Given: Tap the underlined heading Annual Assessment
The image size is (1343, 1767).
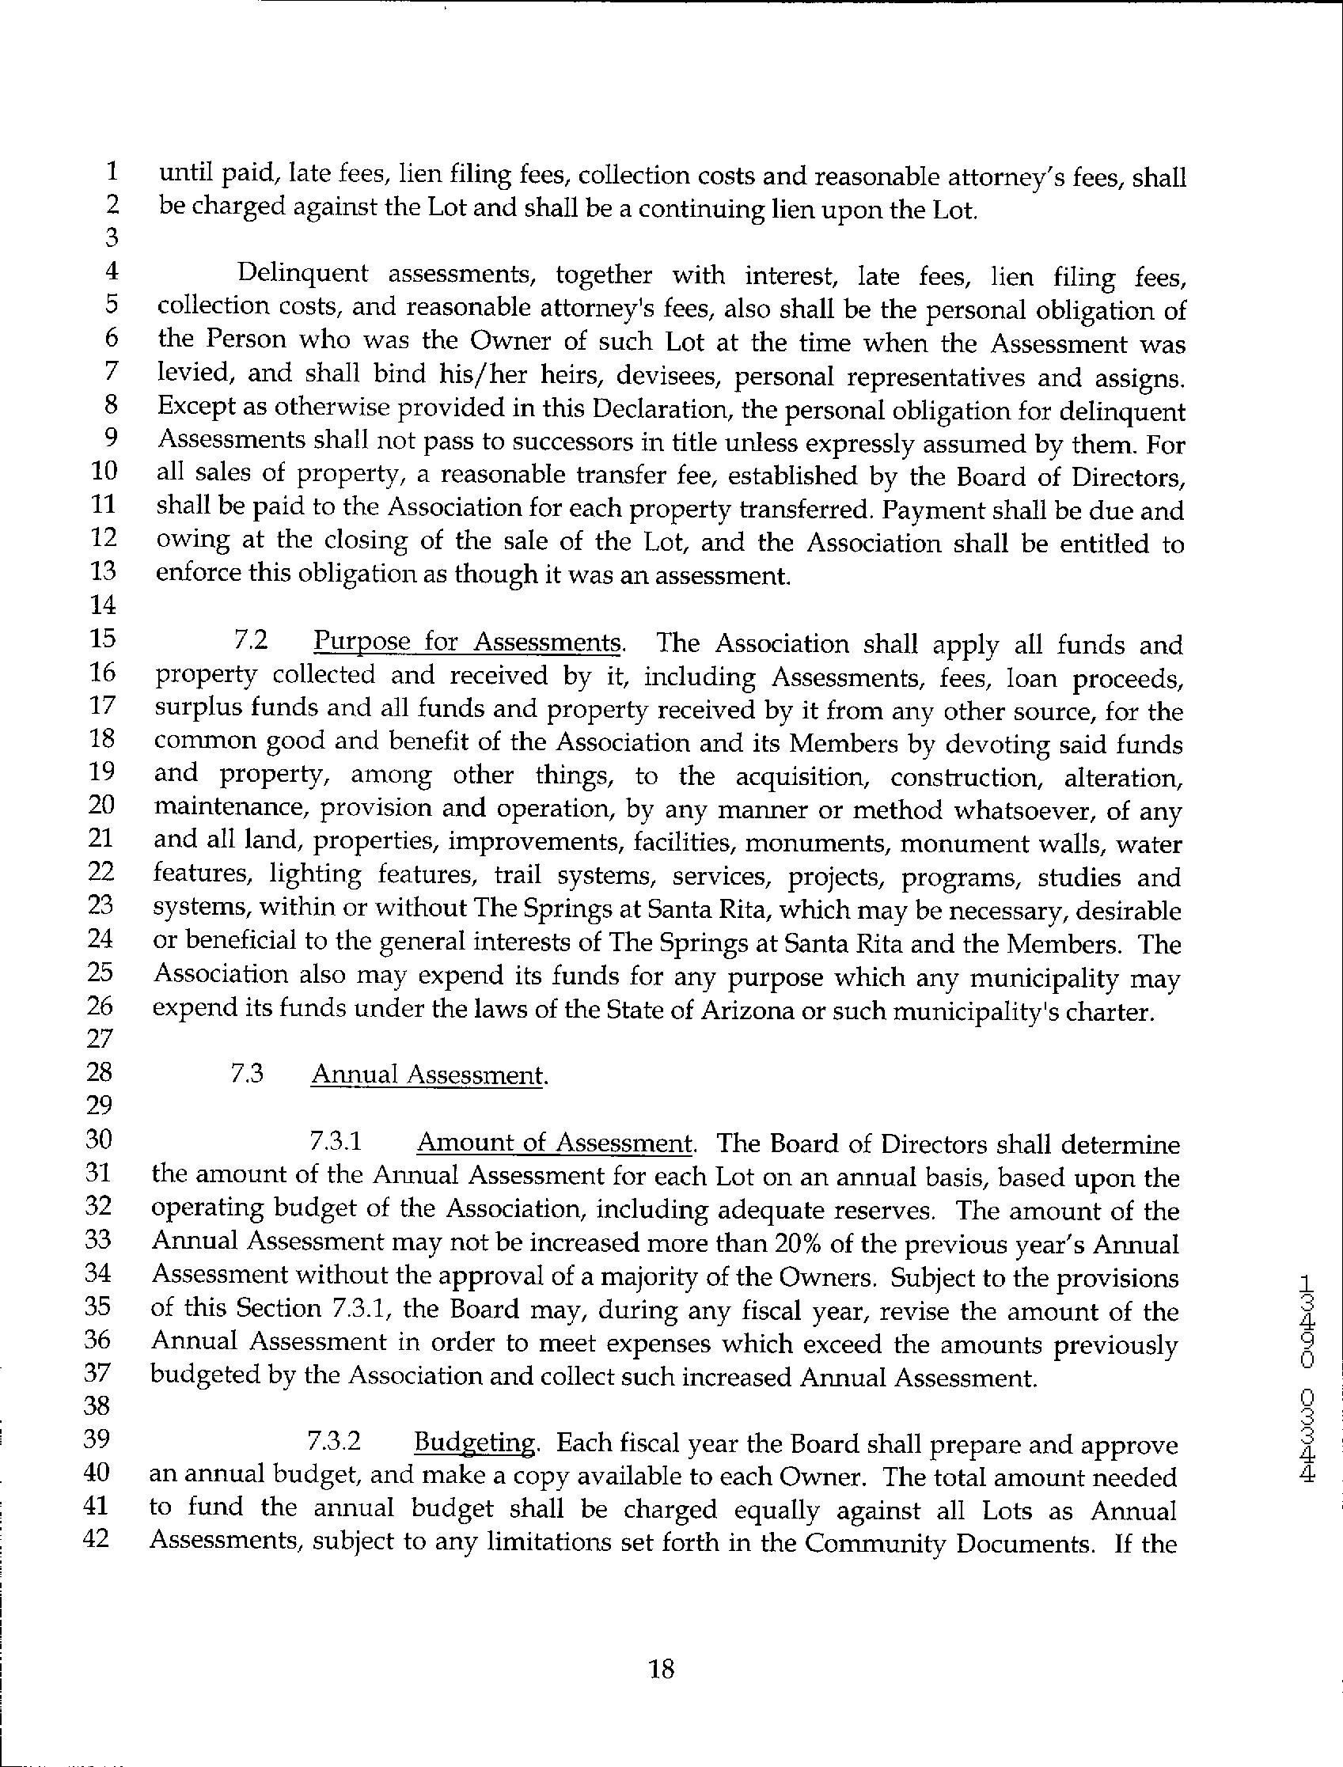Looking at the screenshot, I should (x=428, y=1075).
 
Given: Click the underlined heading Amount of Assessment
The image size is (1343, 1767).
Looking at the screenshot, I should (x=555, y=1143).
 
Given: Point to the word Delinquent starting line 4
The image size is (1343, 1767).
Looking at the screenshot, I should (x=303, y=274).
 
